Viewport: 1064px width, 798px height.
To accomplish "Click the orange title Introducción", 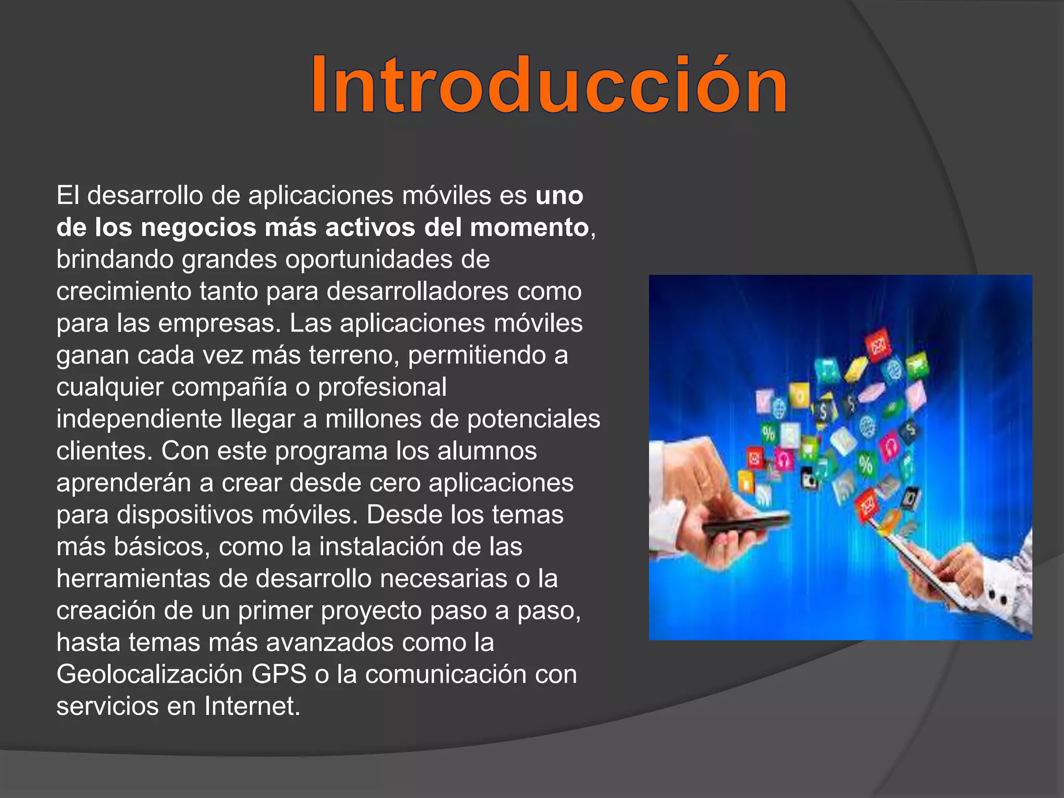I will (x=549, y=85).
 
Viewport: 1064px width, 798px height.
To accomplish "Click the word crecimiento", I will (x=124, y=291).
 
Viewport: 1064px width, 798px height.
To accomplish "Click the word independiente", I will (x=139, y=419).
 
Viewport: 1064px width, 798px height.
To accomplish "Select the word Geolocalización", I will (x=150, y=674).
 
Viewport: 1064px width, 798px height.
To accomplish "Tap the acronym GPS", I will (x=279, y=674).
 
